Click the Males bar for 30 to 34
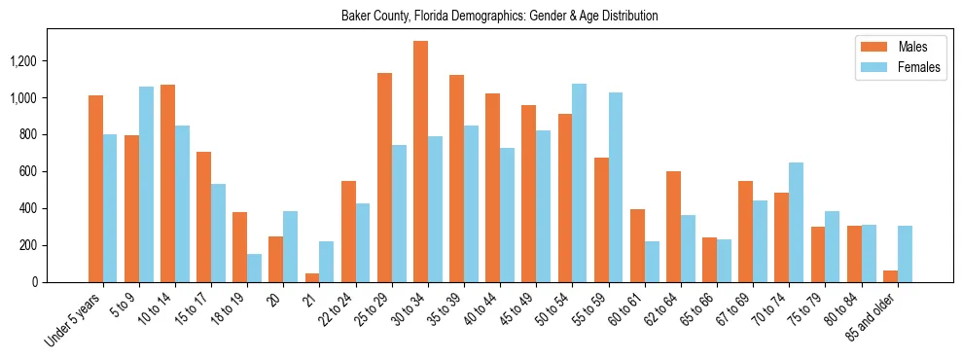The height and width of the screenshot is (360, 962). point(420,162)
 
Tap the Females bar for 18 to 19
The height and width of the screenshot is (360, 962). point(254,268)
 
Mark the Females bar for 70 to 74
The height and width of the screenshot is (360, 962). point(796,222)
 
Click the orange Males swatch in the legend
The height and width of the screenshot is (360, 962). point(868,47)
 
